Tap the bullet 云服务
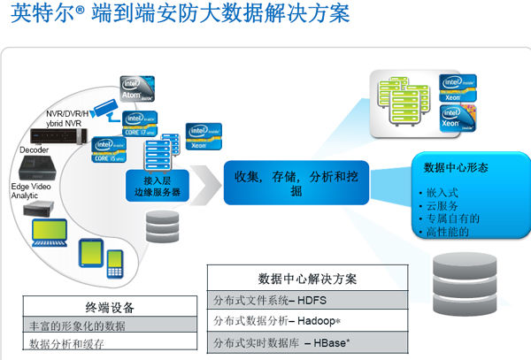coord(435,204)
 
